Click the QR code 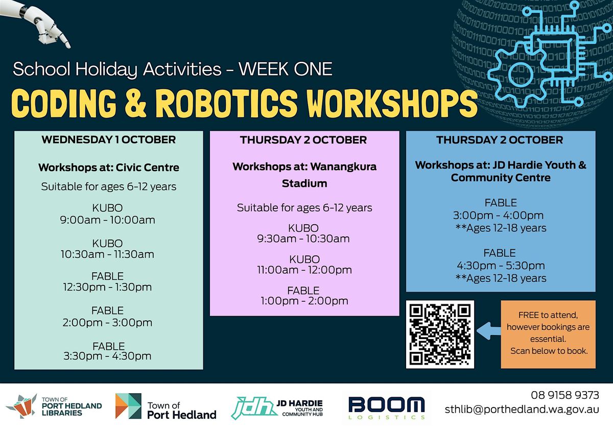click(x=440, y=334)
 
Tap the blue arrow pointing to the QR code click(x=488, y=331)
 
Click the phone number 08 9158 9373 click(x=565, y=395)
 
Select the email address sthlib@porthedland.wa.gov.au click(x=522, y=410)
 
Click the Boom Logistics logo click(x=387, y=408)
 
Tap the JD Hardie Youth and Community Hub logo click(x=277, y=408)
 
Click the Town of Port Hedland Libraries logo click(x=54, y=406)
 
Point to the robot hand click(x=36, y=22)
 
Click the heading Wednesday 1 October click(x=109, y=140)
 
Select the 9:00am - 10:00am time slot click(x=108, y=220)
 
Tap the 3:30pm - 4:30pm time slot click(x=107, y=356)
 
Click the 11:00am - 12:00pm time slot click(x=304, y=270)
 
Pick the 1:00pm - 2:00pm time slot click(x=304, y=301)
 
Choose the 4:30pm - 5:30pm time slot click(x=501, y=266)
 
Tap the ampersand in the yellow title click(x=136, y=103)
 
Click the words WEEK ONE click(x=286, y=68)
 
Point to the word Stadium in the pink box click(x=304, y=183)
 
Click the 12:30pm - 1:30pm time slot click(x=107, y=287)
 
